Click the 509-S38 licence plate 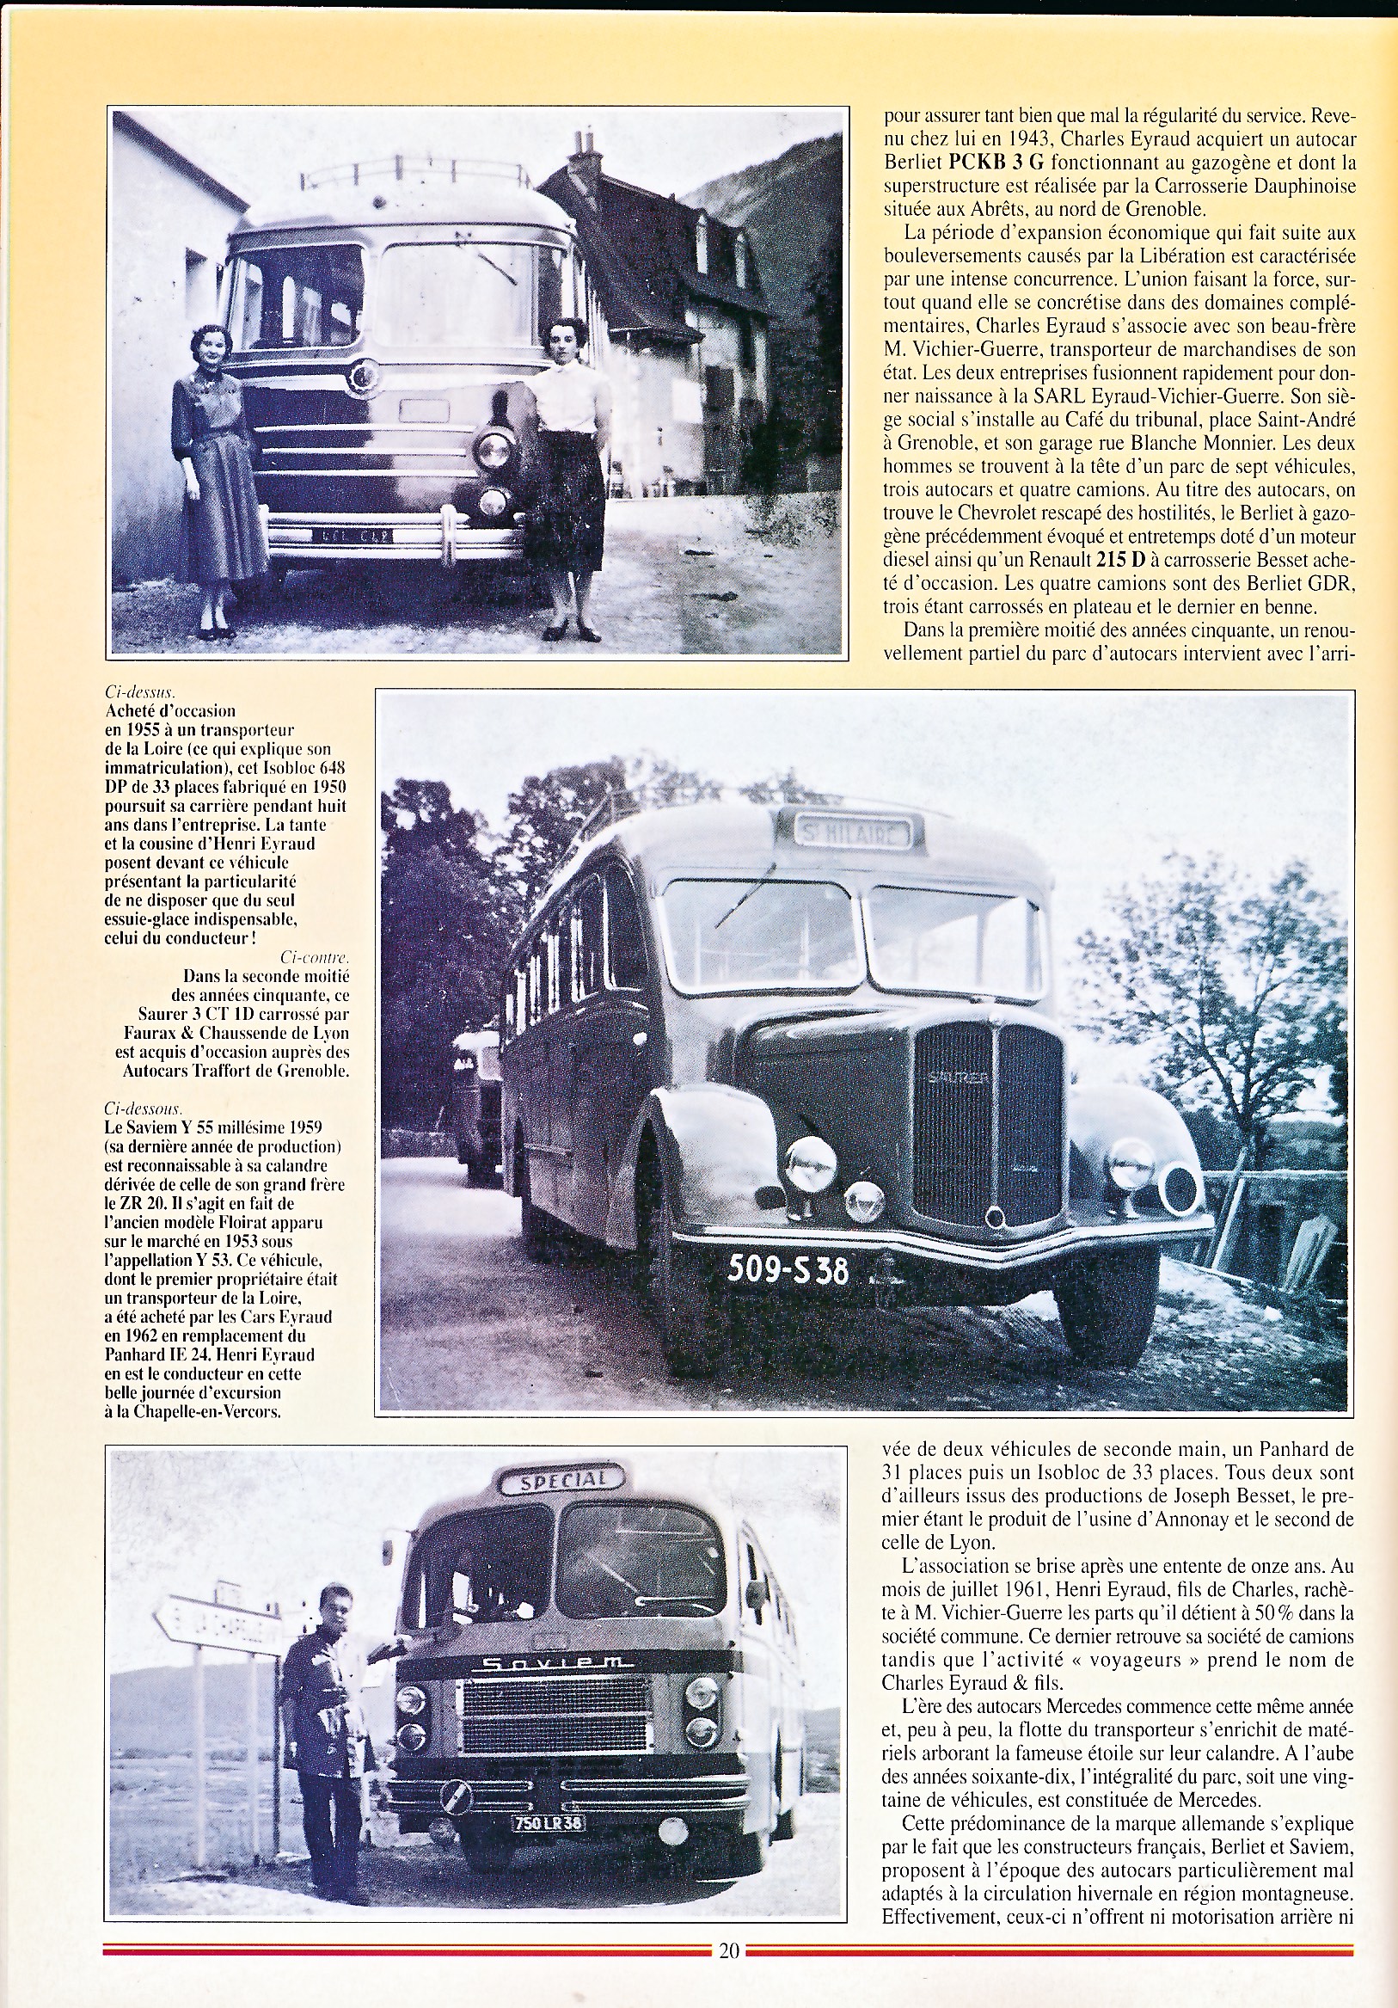click(788, 1269)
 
